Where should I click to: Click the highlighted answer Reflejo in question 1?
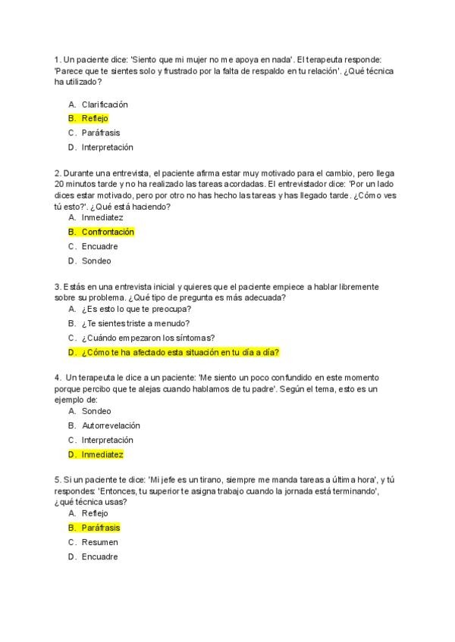[95, 118]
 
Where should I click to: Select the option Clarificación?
[105, 104]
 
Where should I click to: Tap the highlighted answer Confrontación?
[108, 232]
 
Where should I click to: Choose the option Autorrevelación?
[111, 425]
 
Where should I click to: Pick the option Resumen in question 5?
[99, 542]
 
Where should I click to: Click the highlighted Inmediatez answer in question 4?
[102, 454]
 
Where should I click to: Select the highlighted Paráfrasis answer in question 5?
[101, 528]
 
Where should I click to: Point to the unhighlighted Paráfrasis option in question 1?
[101, 132]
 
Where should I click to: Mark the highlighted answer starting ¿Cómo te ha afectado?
[180, 352]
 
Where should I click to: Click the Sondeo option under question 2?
[96, 260]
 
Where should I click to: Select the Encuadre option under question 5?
[99, 556]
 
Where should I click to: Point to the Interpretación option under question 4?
[107, 440]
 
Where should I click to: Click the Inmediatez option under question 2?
[102, 217]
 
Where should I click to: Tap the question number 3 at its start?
[58, 288]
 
